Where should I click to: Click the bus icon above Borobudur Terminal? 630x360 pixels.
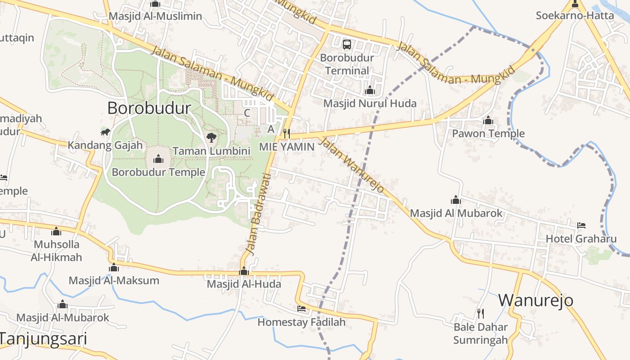(x=347, y=44)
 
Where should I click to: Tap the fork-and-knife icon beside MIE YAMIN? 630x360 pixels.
(x=286, y=134)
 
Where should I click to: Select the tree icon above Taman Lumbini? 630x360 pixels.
(x=211, y=137)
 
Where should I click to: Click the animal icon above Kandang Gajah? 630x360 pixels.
(x=105, y=132)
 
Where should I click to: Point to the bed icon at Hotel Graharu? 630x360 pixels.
(x=581, y=225)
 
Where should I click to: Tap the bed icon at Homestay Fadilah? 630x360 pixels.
(x=301, y=309)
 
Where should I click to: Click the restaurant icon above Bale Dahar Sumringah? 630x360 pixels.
(x=481, y=313)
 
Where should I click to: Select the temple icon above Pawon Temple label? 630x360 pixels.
(x=488, y=120)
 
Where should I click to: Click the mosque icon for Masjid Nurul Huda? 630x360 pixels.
(x=370, y=90)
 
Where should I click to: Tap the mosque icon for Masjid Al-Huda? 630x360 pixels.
(x=244, y=271)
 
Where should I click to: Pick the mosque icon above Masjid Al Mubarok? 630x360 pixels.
(x=456, y=200)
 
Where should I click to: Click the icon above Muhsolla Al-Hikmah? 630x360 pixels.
(x=56, y=231)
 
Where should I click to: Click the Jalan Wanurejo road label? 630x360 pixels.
(x=351, y=165)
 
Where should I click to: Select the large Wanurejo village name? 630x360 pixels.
(x=535, y=300)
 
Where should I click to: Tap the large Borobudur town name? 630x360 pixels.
(x=149, y=108)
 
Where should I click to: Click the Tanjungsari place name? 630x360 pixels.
(x=43, y=338)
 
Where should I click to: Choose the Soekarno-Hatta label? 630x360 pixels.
(x=575, y=15)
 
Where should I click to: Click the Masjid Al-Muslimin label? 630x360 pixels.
(x=155, y=16)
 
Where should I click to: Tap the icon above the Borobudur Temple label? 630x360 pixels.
(x=158, y=159)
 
